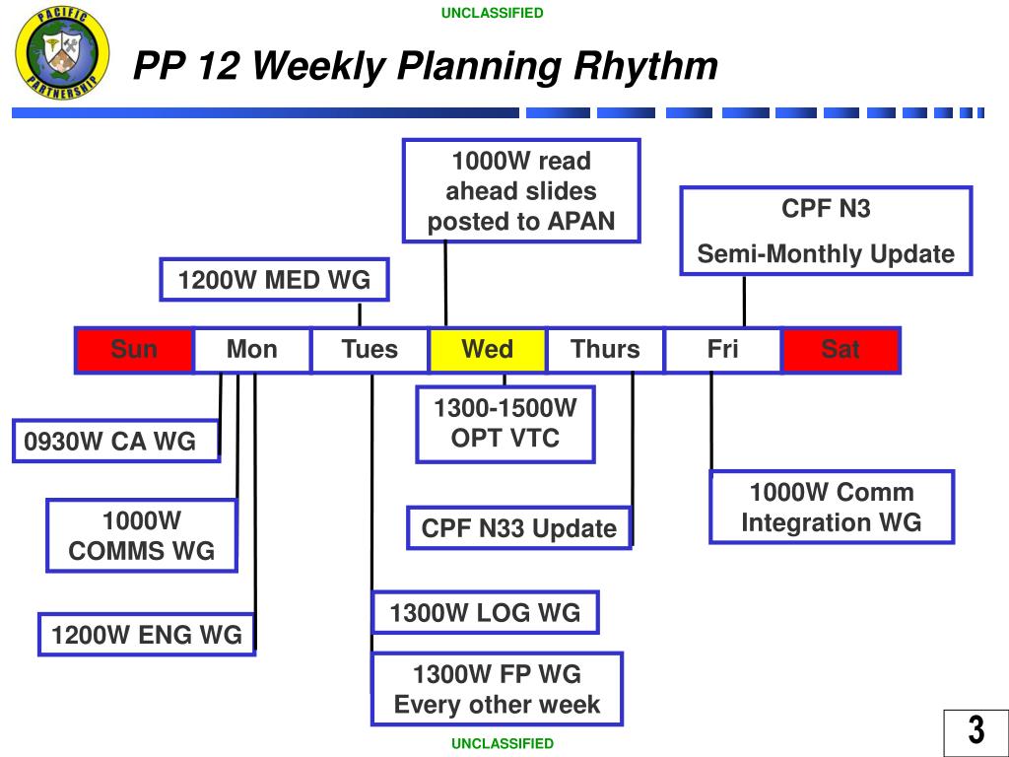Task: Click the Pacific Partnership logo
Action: pyautogui.click(x=62, y=53)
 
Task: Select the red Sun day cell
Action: pyautogui.click(x=134, y=350)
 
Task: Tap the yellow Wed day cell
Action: pyautogui.click(x=488, y=350)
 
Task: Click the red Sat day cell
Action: pyautogui.click(x=841, y=350)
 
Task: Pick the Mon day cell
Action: pyautogui.click(x=252, y=350)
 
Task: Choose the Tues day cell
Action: pyautogui.click(x=370, y=350)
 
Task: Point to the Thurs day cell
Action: pyautogui.click(x=606, y=350)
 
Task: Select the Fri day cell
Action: pyautogui.click(x=723, y=350)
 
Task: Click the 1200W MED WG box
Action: pyautogui.click(x=274, y=280)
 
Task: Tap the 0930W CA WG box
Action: pyautogui.click(x=116, y=441)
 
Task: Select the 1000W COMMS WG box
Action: pyautogui.click(x=142, y=535)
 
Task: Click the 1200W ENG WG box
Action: pyautogui.click(x=147, y=635)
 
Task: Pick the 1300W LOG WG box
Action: pyautogui.click(x=485, y=612)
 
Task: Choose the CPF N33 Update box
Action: pyautogui.click(x=519, y=528)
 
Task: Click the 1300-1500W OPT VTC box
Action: pyautogui.click(x=505, y=424)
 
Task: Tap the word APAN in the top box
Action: pyautogui.click(x=581, y=221)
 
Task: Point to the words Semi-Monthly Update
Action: pyautogui.click(x=826, y=253)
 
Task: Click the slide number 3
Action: pyautogui.click(x=976, y=730)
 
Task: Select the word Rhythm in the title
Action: pyautogui.click(x=645, y=66)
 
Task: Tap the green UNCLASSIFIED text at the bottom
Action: pyautogui.click(x=503, y=743)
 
